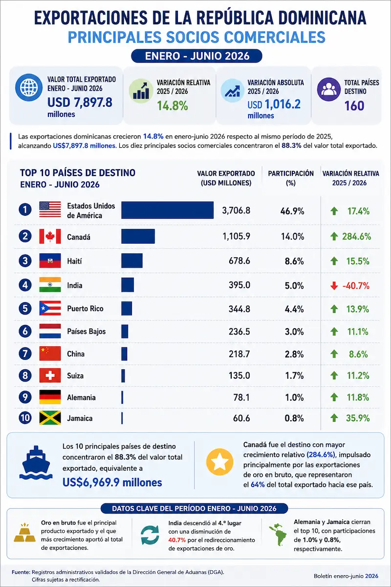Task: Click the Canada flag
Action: [x=50, y=236]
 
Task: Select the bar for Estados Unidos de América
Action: [x=167, y=210]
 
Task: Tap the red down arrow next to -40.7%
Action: [x=334, y=286]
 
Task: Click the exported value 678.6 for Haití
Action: [x=239, y=261]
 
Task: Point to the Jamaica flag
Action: [x=50, y=418]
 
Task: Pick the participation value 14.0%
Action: [x=293, y=237]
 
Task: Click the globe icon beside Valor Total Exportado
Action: [x=29, y=87]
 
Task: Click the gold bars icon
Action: [x=24, y=533]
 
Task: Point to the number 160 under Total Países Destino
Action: [x=354, y=106]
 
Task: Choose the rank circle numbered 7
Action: [x=25, y=354]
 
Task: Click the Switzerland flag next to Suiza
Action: [x=50, y=375]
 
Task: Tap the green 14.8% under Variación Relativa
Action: [x=173, y=106]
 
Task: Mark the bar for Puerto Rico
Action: [x=127, y=309]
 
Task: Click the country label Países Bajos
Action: [x=87, y=332]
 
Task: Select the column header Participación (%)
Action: [x=291, y=178]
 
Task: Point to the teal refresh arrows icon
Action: [x=150, y=535]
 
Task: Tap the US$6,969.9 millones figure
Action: [x=112, y=482]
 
